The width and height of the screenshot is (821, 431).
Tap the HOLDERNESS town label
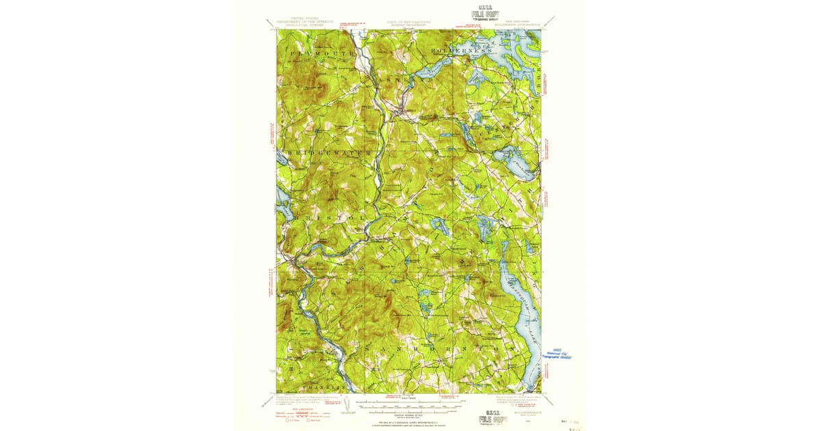(x=462, y=51)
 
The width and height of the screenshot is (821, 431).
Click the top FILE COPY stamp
(x=484, y=13)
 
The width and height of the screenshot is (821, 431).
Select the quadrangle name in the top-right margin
(x=523, y=25)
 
